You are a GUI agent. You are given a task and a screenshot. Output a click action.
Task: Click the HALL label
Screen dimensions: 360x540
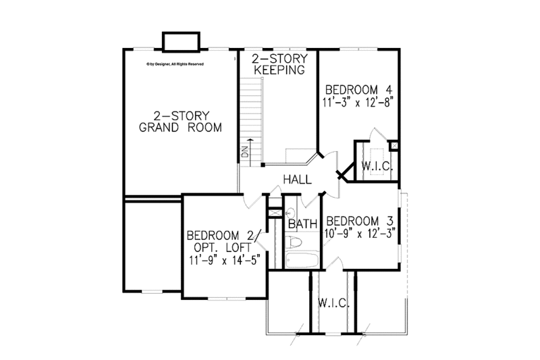[x=297, y=180]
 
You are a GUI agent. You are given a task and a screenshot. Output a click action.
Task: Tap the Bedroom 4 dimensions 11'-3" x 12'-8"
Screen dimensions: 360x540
[x=358, y=103]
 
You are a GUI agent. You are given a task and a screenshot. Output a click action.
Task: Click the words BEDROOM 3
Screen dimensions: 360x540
[x=359, y=221]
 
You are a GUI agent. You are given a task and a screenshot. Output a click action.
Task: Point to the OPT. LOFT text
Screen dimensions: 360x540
[x=223, y=247]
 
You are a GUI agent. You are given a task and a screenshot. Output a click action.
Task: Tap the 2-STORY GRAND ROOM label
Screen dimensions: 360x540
[x=180, y=122]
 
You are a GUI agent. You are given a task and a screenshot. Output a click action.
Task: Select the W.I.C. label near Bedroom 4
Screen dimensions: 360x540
[x=377, y=165]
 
